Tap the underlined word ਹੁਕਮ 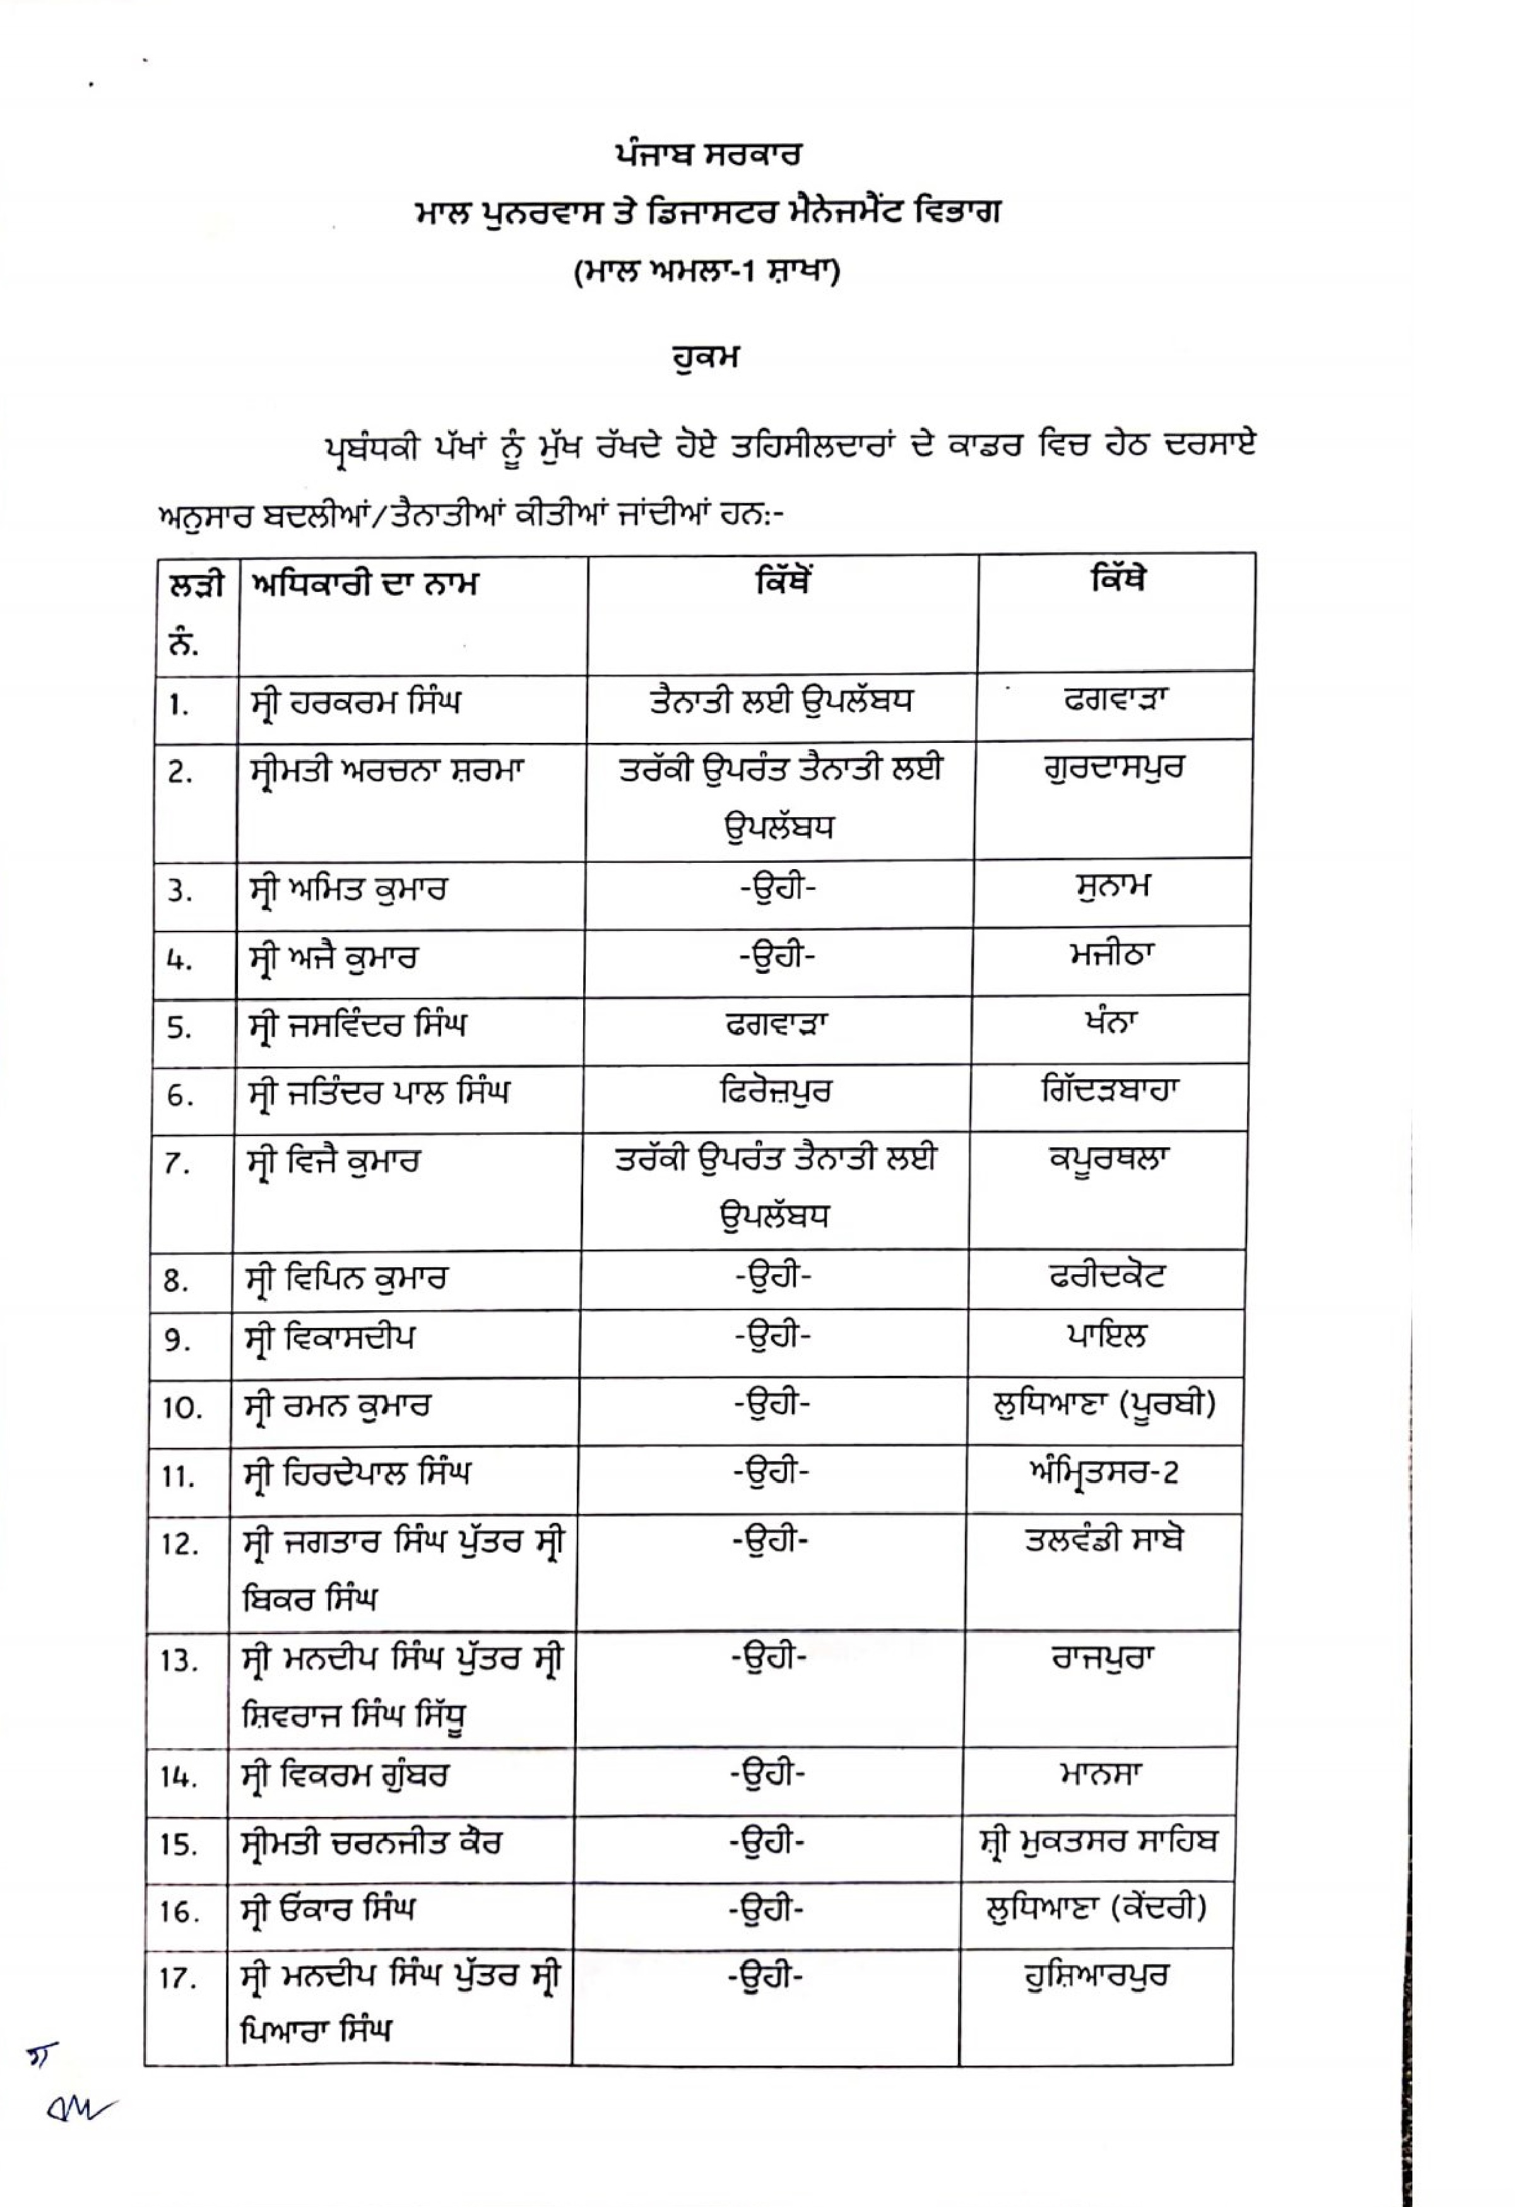pyautogui.click(x=706, y=358)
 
